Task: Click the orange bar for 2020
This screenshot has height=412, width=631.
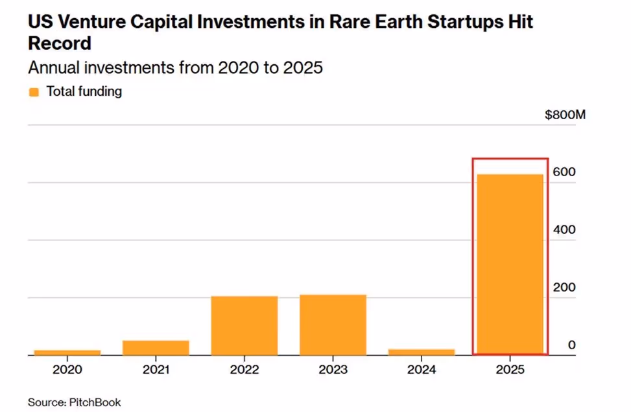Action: (67, 352)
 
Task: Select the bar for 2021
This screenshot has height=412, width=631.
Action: (156, 347)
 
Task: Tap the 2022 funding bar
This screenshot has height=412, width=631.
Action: (244, 325)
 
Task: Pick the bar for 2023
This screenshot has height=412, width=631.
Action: (333, 325)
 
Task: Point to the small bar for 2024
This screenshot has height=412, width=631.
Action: (422, 352)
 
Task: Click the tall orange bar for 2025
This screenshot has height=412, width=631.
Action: (510, 264)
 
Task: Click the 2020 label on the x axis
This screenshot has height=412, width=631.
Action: (67, 370)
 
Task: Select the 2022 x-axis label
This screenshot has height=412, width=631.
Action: (244, 370)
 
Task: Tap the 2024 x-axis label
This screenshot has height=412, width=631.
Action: (422, 370)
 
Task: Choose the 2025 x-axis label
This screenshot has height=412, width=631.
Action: (510, 370)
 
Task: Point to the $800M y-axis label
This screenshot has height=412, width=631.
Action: (565, 115)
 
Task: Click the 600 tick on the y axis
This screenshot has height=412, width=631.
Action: (562, 172)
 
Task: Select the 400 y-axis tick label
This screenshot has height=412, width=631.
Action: (562, 230)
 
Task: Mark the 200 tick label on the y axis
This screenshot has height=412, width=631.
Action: (562, 288)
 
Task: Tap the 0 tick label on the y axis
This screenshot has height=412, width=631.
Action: (571, 345)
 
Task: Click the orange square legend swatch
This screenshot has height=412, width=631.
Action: (34, 92)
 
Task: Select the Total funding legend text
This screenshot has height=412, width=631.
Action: (84, 92)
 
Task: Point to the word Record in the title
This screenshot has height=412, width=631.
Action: (59, 43)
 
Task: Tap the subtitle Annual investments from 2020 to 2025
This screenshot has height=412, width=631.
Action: (175, 67)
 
